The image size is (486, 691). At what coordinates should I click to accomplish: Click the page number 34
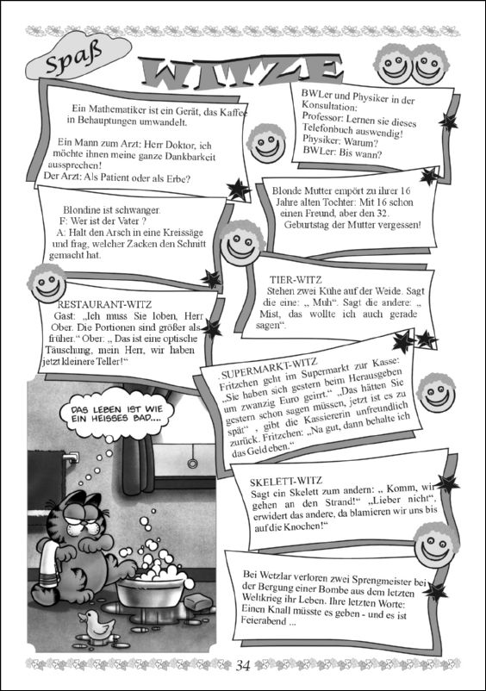(243, 665)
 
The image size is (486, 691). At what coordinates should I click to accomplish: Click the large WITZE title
(241, 72)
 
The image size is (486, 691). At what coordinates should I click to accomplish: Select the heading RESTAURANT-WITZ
(104, 304)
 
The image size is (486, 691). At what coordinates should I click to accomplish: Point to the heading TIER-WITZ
(296, 279)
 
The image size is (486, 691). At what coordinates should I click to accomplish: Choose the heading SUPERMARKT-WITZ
(269, 369)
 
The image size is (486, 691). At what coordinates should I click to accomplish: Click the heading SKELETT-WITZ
(286, 482)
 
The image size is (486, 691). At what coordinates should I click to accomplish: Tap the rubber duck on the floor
(96, 625)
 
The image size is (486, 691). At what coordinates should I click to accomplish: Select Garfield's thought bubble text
(117, 414)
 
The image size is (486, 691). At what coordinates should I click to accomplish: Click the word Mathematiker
(115, 109)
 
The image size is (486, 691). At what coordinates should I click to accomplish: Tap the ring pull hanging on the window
(192, 464)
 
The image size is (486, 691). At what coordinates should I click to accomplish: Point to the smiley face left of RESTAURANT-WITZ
(47, 283)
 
